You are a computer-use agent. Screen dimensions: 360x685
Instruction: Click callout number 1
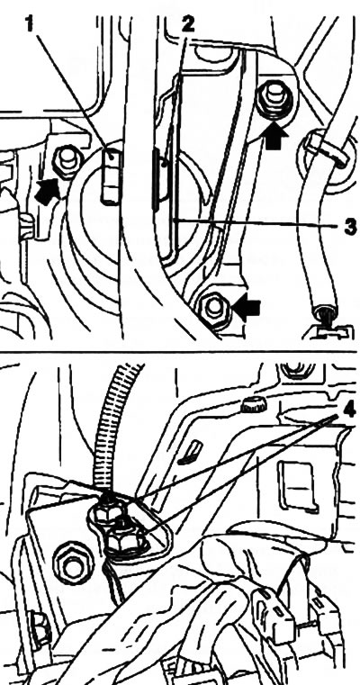(x=30, y=24)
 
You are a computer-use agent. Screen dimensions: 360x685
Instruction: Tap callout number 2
(x=187, y=25)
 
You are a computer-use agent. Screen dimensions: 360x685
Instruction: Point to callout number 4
(x=350, y=410)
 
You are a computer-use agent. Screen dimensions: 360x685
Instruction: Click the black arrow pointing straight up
(x=275, y=136)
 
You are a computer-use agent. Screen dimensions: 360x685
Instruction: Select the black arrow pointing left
(x=247, y=309)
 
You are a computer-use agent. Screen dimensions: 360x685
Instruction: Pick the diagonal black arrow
(x=47, y=191)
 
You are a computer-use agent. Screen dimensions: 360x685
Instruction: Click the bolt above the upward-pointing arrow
(x=274, y=101)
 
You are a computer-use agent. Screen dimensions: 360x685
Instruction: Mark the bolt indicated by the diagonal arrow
(x=67, y=160)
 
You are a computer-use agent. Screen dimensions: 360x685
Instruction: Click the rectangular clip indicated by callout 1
(x=111, y=176)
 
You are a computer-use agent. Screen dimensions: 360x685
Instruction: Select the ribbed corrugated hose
(x=112, y=431)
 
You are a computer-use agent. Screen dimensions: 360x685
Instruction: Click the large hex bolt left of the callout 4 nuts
(x=74, y=563)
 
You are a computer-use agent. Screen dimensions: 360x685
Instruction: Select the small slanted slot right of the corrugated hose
(x=191, y=452)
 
